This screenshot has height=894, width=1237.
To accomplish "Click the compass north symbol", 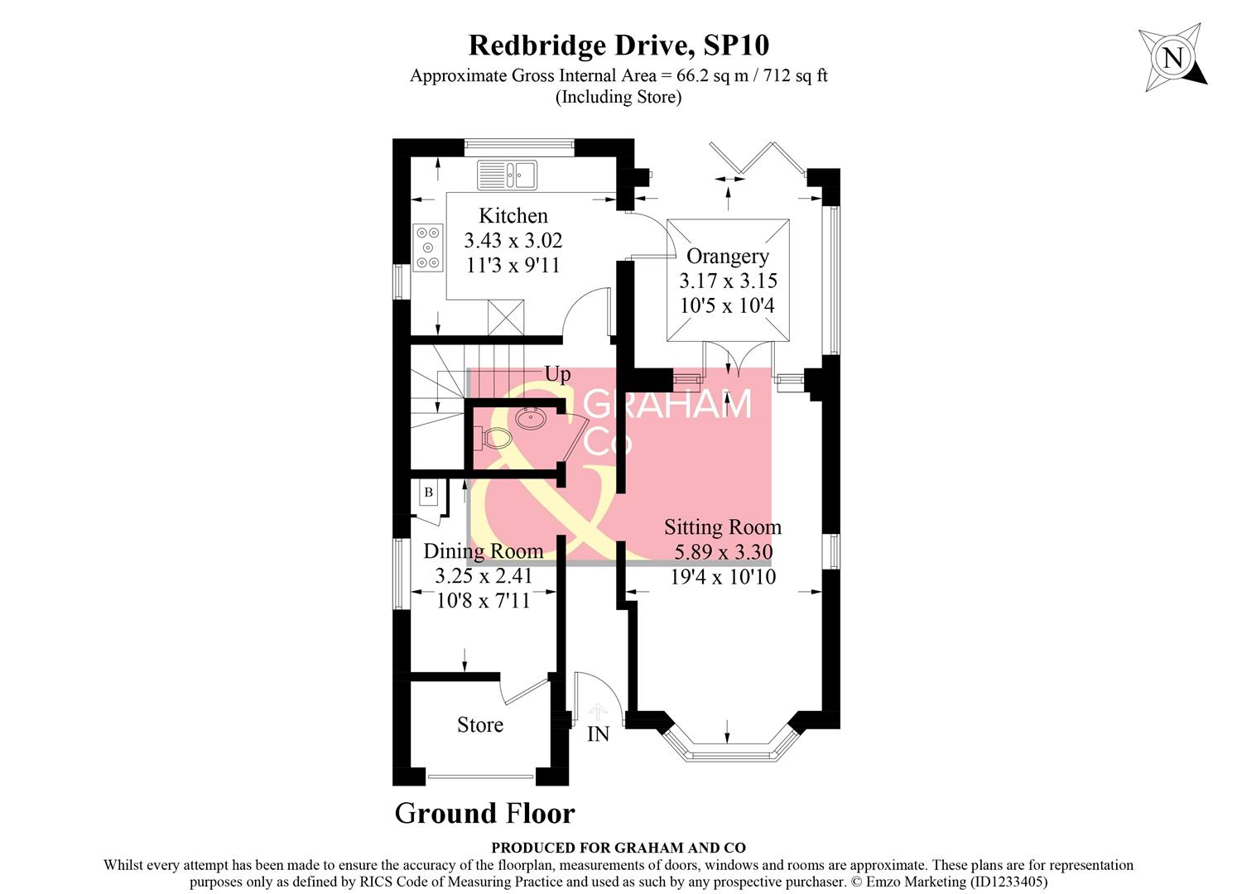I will click(1172, 58).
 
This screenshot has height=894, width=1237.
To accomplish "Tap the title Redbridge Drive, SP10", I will click(618, 45).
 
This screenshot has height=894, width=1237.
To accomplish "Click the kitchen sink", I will click(507, 175).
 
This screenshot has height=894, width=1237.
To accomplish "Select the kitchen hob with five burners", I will click(428, 248).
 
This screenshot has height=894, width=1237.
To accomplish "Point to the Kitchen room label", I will click(513, 216).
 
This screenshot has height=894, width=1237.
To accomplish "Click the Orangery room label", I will click(727, 257).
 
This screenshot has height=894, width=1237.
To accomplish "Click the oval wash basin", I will click(529, 417).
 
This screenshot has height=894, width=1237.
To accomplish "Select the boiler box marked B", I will click(428, 493).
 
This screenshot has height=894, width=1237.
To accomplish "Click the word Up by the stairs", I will click(557, 374).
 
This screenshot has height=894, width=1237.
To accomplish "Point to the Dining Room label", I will click(483, 551).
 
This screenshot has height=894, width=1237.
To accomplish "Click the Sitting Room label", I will click(722, 527).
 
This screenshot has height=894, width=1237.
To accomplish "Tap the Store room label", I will click(480, 725).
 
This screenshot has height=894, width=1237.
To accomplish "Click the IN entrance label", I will click(598, 734).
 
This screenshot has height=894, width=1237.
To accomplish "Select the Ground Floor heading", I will click(484, 814).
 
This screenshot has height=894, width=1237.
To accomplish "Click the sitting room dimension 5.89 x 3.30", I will click(723, 552).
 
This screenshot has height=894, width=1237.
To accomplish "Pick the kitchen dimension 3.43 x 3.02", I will click(513, 241).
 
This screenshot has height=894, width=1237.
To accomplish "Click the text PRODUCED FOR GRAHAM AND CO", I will click(618, 848).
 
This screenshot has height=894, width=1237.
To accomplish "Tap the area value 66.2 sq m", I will click(708, 76).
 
